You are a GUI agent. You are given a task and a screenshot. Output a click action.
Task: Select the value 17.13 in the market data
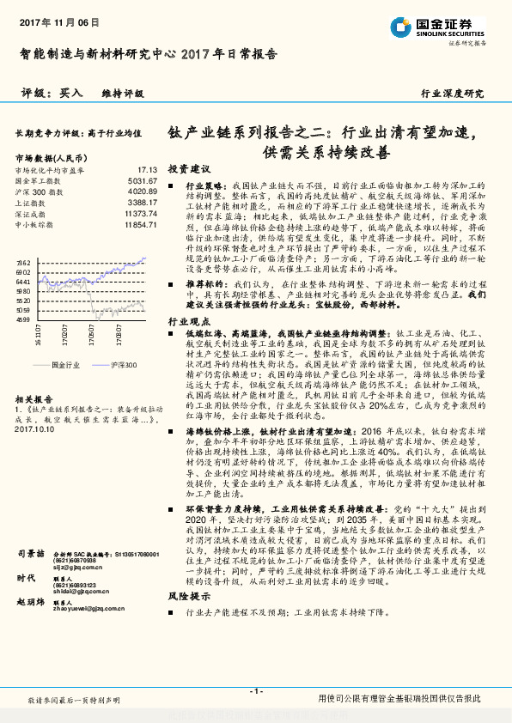click(147, 170)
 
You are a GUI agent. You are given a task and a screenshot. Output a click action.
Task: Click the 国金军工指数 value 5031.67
click(142, 181)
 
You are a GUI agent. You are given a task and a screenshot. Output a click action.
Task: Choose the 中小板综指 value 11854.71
click(140, 224)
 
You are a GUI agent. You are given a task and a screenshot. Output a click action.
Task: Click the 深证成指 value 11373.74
click(140, 213)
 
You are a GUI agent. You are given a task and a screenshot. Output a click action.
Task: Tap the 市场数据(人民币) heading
click(51, 158)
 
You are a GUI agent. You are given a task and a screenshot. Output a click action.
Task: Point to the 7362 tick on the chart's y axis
click(23, 262)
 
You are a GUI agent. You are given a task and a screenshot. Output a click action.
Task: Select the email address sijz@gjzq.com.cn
click(78, 568)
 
